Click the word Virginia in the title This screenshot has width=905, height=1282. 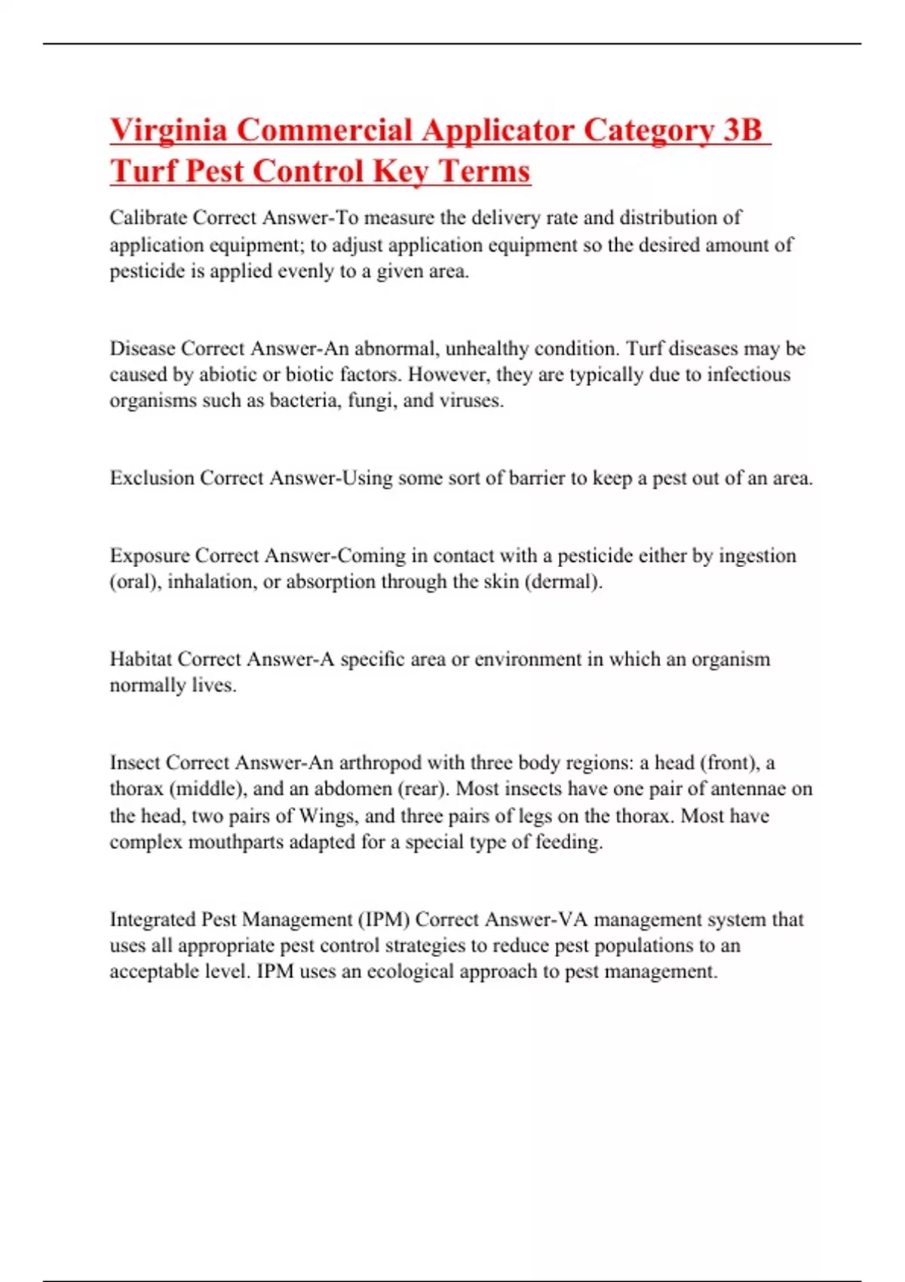coord(168,130)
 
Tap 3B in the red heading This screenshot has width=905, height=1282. coord(742,130)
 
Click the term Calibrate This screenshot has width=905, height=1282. coord(148,218)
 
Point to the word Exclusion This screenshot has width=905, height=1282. coord(152,478)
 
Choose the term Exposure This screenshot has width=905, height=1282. coord(149,556)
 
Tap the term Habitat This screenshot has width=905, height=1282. coord(140,659)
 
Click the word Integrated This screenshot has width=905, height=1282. coord(152,919)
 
